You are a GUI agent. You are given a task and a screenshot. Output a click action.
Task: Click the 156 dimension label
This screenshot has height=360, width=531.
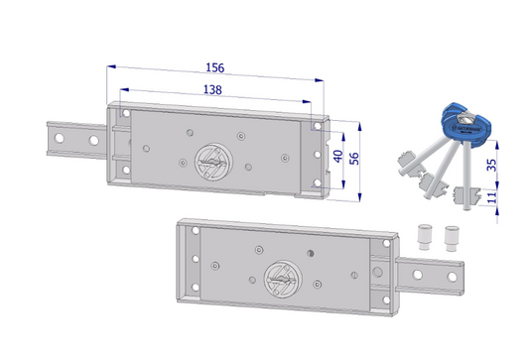pyautogui.click(x=215, y=67)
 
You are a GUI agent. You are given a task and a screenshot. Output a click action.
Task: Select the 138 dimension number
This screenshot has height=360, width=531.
pyautogui.click(x=212, y=89)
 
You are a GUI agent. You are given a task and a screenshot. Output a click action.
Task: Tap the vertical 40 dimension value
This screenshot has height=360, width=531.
pyautogui.click(x=338, y=156)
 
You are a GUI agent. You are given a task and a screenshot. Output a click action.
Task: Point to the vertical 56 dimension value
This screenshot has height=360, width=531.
pyautogui.click(x=354, y=159)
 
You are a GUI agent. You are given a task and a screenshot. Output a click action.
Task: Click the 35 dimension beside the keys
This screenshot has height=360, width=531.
pyautogui.click(x=491, y=165)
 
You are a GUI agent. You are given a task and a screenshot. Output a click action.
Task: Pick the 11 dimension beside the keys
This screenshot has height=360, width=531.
pyautogui.click(x=491, y=197)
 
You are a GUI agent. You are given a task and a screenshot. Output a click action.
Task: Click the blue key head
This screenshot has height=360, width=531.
pyautogui.click(x=466, y=125)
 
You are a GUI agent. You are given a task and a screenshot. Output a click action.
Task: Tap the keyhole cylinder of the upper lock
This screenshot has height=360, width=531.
pyautogui.click(x=213, y=162)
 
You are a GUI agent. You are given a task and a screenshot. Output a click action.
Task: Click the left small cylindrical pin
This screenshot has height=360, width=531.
pyautogui.click(x=425, y=236)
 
